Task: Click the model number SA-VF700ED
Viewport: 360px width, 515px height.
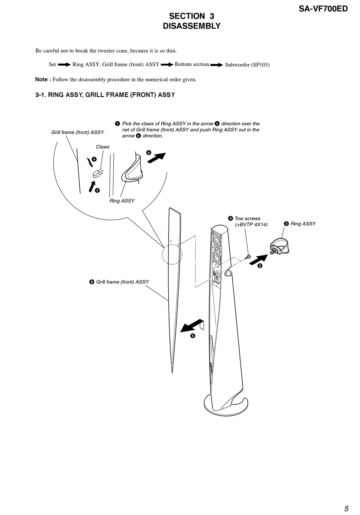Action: pos(323,8)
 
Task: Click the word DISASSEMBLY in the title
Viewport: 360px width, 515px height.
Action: pos(191,26)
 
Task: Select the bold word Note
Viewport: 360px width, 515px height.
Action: pos(42,80)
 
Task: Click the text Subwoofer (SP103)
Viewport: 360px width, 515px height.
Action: pos(247,65)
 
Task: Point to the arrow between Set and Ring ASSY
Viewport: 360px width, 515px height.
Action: pos(64,64)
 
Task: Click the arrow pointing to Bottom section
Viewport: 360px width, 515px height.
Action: pos(167,64)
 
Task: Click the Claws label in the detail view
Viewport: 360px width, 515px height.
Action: pos(102,147)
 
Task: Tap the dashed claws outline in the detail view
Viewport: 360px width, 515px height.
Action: pos(98,173)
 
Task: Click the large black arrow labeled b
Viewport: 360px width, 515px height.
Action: pos(156,158)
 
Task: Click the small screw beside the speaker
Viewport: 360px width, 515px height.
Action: pos(248,257)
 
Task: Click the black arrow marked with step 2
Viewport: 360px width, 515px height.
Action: pos(258,260)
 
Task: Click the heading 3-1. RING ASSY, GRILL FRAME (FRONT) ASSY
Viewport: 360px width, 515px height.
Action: pos(105,95)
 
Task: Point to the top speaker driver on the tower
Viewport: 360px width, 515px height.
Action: pos(218,240)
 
